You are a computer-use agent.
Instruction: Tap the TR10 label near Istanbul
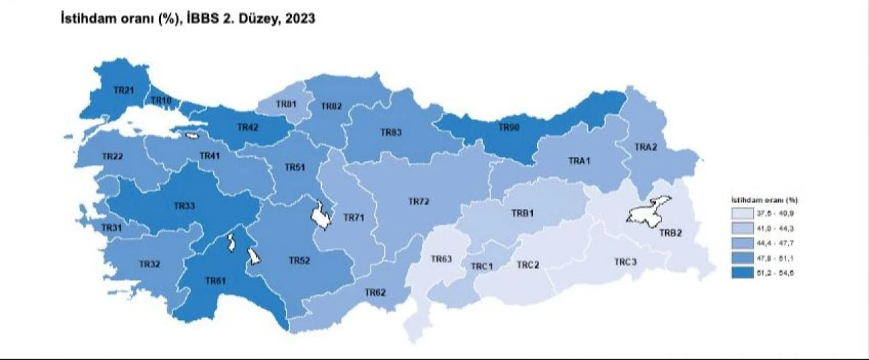[161, 101]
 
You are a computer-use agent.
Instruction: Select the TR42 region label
[247, 127]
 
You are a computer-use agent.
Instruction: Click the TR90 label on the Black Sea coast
[509, 127]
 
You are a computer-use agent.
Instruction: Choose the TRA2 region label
[646, 147]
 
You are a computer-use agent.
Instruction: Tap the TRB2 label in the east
[671, 232]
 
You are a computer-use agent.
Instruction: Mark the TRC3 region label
[625, 262]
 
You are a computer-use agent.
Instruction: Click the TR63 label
[441, 259]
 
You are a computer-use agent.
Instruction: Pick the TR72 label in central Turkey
[419, 202]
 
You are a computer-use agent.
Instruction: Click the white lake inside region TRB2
[648, 210]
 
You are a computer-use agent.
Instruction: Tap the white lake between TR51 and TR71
[320, 215]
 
